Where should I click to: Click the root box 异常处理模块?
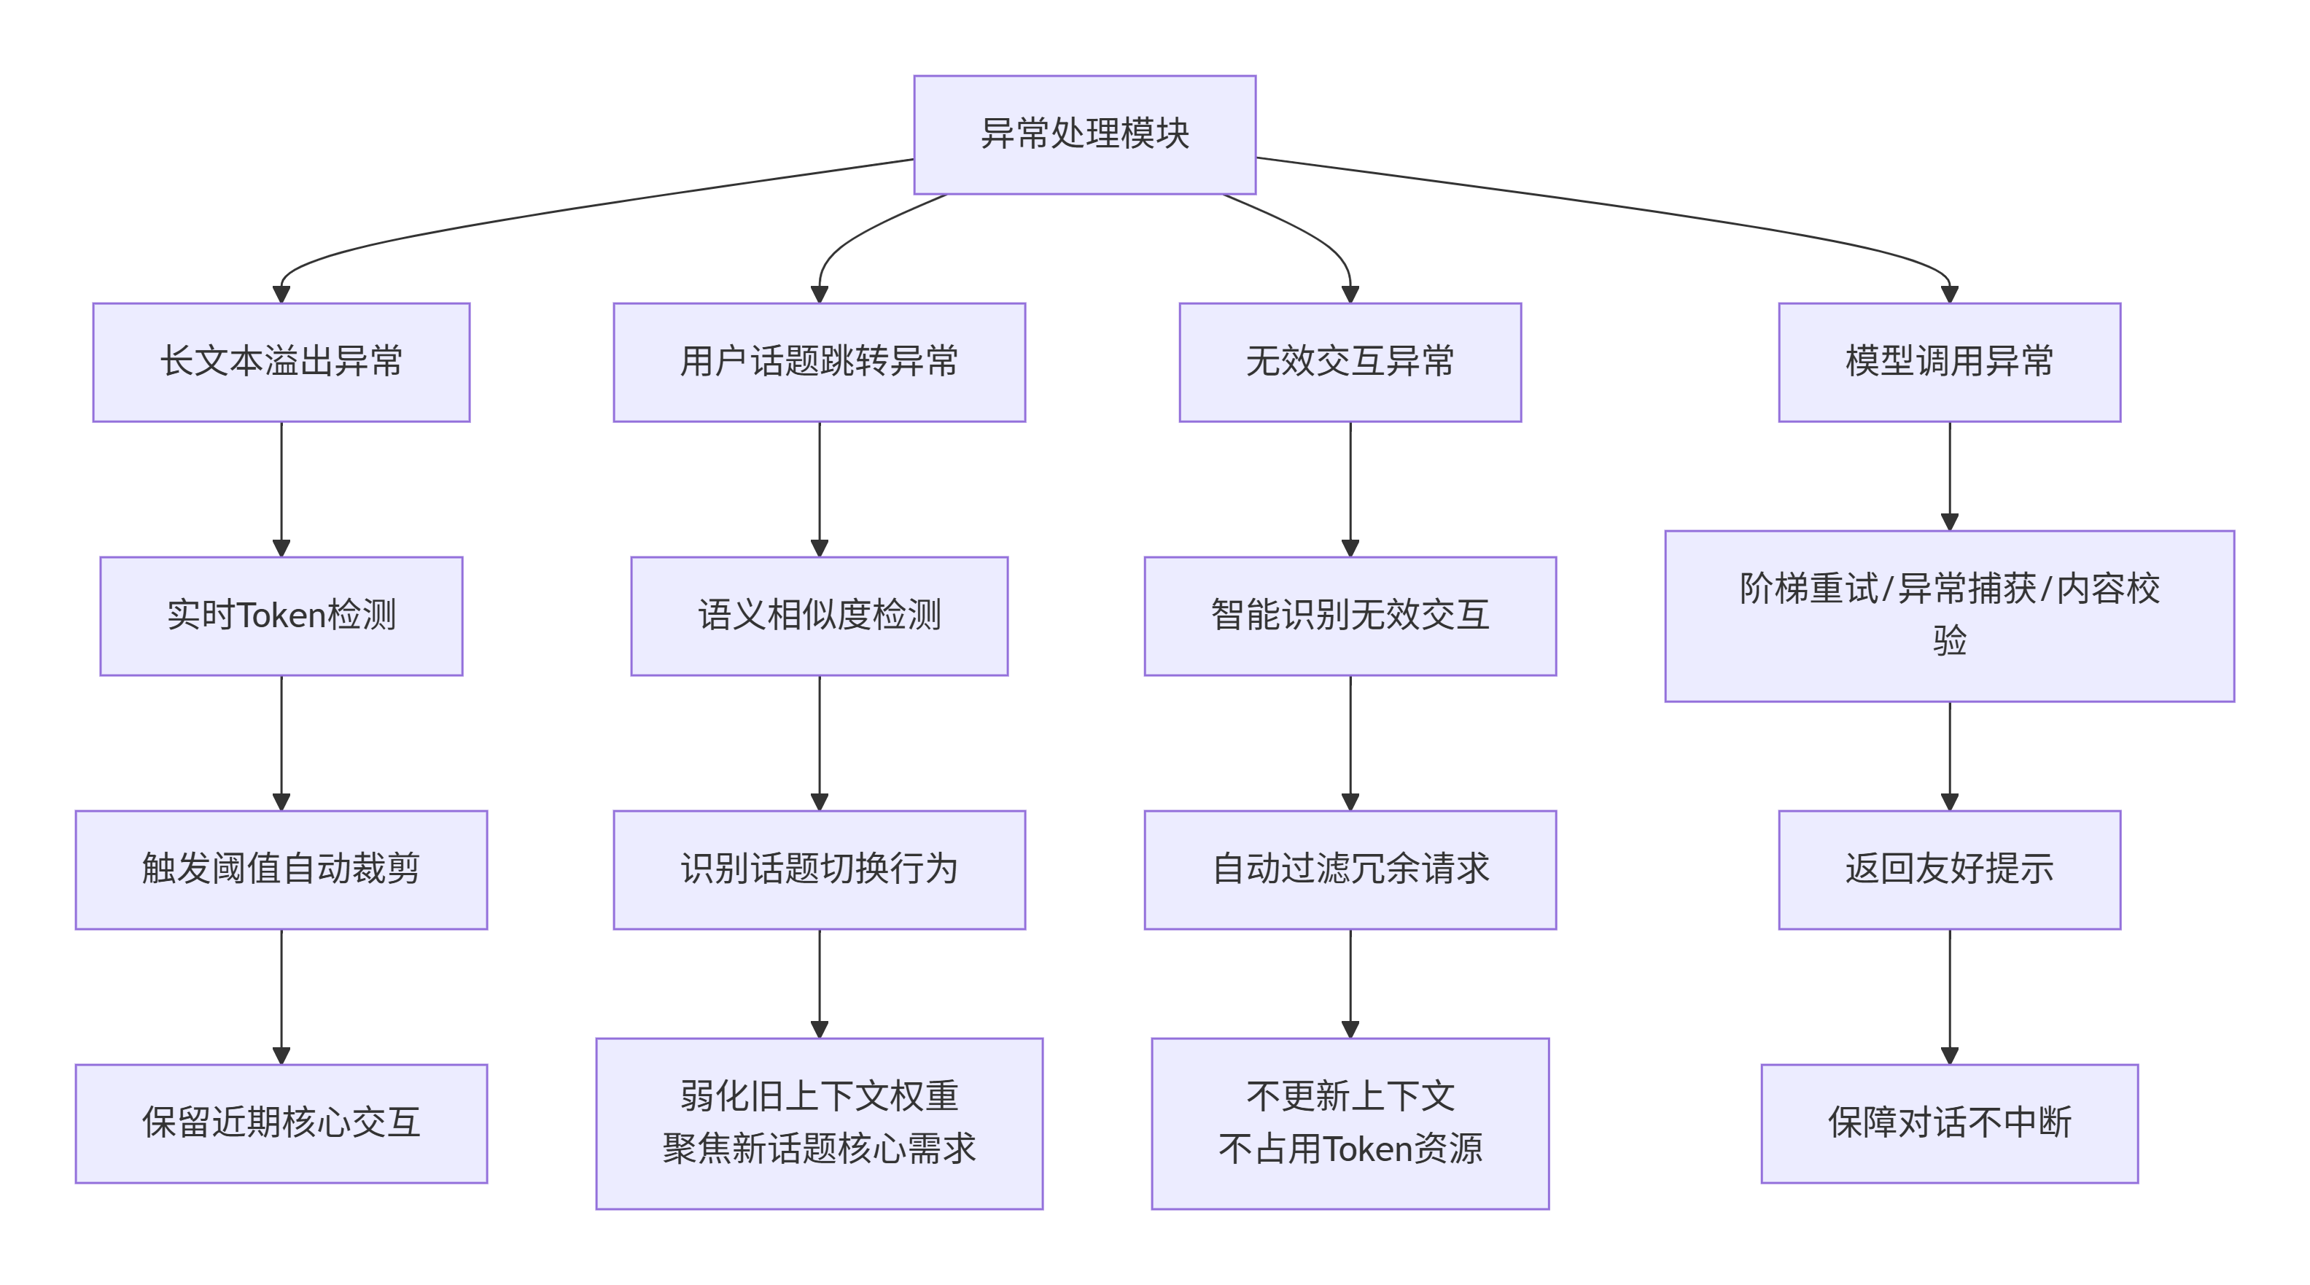(x=1084, y=134)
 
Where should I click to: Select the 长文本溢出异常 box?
(x=281, y=362)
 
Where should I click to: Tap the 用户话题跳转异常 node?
(x=819, y=362)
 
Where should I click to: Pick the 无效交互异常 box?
(x=1350, y=362)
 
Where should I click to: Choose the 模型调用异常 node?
(x=1950, y=362)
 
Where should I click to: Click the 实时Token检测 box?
(x=281, y=616)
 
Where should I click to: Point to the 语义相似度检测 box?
(x=819, y=616)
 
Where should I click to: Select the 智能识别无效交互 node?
(x=1350, y=616)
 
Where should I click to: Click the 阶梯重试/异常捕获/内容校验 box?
(x=1950, y=616)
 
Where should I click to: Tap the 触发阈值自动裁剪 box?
(x=281, y=870)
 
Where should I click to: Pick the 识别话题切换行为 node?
(x=819, y=870)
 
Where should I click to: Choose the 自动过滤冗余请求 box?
(x=1350, y=870)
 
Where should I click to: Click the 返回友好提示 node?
(x=1950, y=870)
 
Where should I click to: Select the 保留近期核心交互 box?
(x=281, y=1124)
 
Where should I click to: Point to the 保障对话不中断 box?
(x=1950, y=1124)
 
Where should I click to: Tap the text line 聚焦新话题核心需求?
(x=819, y=1149)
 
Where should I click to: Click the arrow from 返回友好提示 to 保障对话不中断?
(x=1950, y=996)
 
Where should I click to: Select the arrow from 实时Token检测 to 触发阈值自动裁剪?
(x=281, y=742)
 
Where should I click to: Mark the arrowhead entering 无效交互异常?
(x=1350, y=294)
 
